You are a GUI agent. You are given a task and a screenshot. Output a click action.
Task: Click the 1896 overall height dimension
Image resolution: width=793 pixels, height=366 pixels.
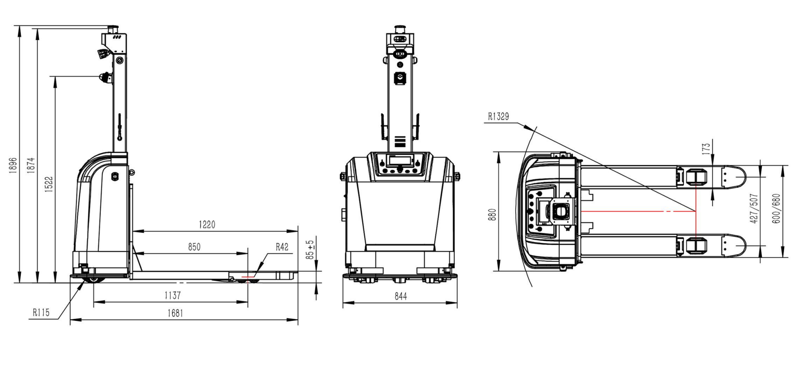click(13, 165)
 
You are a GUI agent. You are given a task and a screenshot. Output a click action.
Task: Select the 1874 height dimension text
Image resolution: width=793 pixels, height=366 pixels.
click(31, 165)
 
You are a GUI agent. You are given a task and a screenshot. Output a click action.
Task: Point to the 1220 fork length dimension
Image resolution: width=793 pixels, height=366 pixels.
click(207, 225)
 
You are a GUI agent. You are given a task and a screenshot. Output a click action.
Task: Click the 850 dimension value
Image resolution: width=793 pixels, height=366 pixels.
click(194, 247)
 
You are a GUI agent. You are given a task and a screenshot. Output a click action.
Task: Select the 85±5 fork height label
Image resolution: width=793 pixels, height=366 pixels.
click(311, 250)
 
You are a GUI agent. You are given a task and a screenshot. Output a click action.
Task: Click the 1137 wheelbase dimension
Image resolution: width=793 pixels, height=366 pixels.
click(172, 295)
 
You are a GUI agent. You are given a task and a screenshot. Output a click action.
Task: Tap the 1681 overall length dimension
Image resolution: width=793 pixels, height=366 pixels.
click(175, 313)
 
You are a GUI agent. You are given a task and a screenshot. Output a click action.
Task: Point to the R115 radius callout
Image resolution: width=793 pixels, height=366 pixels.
click(41, 313)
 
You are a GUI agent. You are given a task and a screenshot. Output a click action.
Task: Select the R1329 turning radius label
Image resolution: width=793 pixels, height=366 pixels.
click(498, 116)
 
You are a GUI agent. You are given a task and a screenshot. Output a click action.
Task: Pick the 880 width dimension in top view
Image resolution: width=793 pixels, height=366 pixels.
click(492, 215)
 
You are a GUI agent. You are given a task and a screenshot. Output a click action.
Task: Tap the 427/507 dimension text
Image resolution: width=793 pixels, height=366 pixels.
click(754, 208)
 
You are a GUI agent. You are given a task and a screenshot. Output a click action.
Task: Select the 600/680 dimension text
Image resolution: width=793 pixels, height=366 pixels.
click(776, 208)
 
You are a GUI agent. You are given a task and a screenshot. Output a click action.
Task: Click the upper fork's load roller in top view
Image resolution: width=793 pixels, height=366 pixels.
click(696, 177)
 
